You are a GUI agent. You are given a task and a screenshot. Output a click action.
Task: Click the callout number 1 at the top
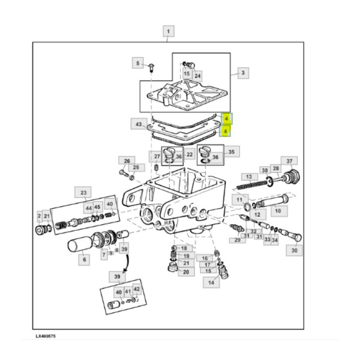click(168, 31)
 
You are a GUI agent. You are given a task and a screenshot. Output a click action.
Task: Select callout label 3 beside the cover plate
click(243, 73)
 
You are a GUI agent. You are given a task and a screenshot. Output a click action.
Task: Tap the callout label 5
click(137, 63)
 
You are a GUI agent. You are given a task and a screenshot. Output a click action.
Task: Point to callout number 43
click(138, 124)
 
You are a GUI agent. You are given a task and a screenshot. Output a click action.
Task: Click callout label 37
click(289, 161)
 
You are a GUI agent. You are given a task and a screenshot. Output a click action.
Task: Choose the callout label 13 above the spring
click(249, 176)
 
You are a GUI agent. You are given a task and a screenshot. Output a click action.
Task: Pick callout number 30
click(294, 250)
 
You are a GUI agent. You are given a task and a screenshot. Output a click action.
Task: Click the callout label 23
click(83, 193)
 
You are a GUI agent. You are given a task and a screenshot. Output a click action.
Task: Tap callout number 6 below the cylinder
click(83, 260)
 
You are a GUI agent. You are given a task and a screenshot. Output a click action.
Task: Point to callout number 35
click(231, 152)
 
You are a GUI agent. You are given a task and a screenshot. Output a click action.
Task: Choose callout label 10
click(278, 210)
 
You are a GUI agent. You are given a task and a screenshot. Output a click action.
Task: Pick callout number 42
click(137, 289)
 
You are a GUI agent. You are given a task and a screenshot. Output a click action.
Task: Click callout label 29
click(237, 240)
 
